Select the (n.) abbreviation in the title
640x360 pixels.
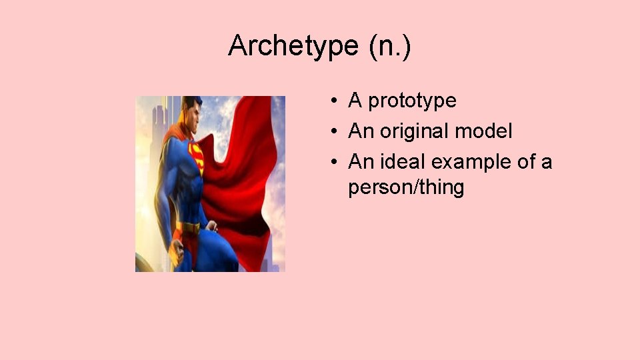(x=387, y=46)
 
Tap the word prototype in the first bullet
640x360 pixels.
(x=412, y=101)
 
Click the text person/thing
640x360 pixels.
(x=405, y=187)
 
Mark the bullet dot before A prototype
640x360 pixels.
(x=331, y=101)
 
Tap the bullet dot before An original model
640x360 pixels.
(x=331, y=132)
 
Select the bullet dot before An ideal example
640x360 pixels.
(x=331, y=163)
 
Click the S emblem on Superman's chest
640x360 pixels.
(x=196, y=155)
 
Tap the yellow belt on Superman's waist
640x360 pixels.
(x=189, y=228)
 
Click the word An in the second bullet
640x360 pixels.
(x=361, y=131)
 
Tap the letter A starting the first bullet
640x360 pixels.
(x=355, y=101)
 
